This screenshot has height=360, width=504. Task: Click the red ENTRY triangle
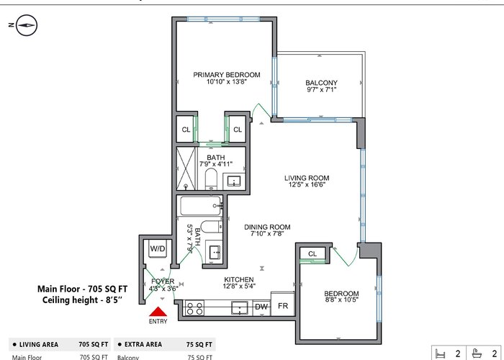(158, 312)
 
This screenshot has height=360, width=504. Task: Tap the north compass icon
(27, 25)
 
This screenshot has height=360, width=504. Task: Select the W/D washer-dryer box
(158, 248)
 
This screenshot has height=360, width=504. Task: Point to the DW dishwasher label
(261, 307)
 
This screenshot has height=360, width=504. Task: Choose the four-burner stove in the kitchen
(195, 308)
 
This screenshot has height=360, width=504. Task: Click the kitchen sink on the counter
(240, 308)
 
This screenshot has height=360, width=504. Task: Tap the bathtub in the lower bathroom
(201, 206)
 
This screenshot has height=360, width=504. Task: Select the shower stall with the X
(186, 168)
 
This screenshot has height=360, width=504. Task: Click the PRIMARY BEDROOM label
(227, 75)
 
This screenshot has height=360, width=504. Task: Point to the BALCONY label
(321, 83)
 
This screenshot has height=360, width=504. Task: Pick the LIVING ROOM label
(307, 178)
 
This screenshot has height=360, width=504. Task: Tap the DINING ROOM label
(267, 227)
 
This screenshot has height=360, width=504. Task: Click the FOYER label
(163, 282)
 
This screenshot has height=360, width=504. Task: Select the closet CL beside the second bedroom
(312, 253)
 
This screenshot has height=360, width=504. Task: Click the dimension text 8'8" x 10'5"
(341, 300)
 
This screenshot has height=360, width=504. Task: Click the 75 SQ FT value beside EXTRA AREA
(199, 345)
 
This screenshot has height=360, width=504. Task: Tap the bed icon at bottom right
(441, 354)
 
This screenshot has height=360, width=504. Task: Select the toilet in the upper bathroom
(211, 179)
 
